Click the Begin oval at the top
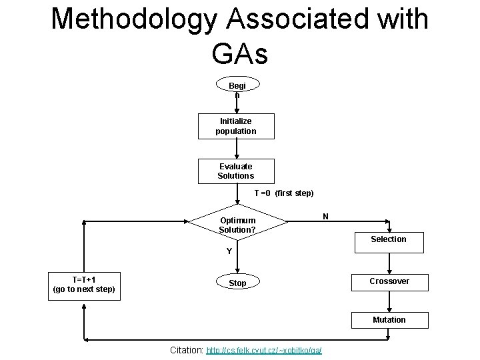[237, 87]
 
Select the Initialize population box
[236, 126]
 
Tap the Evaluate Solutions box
[236, 171]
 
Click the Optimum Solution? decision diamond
[237, 225]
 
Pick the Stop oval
[237, 283]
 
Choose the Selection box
[389, 239]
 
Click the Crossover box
[389, 281]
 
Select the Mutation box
[389, 320]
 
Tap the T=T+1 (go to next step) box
[84, 284]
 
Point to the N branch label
[325, 216]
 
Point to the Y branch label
[229, 251]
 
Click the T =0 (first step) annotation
[284, 193]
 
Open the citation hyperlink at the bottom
[264, 350]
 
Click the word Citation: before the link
[187, 349]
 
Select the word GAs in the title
[240, 53]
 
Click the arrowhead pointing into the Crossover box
[389, 268]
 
